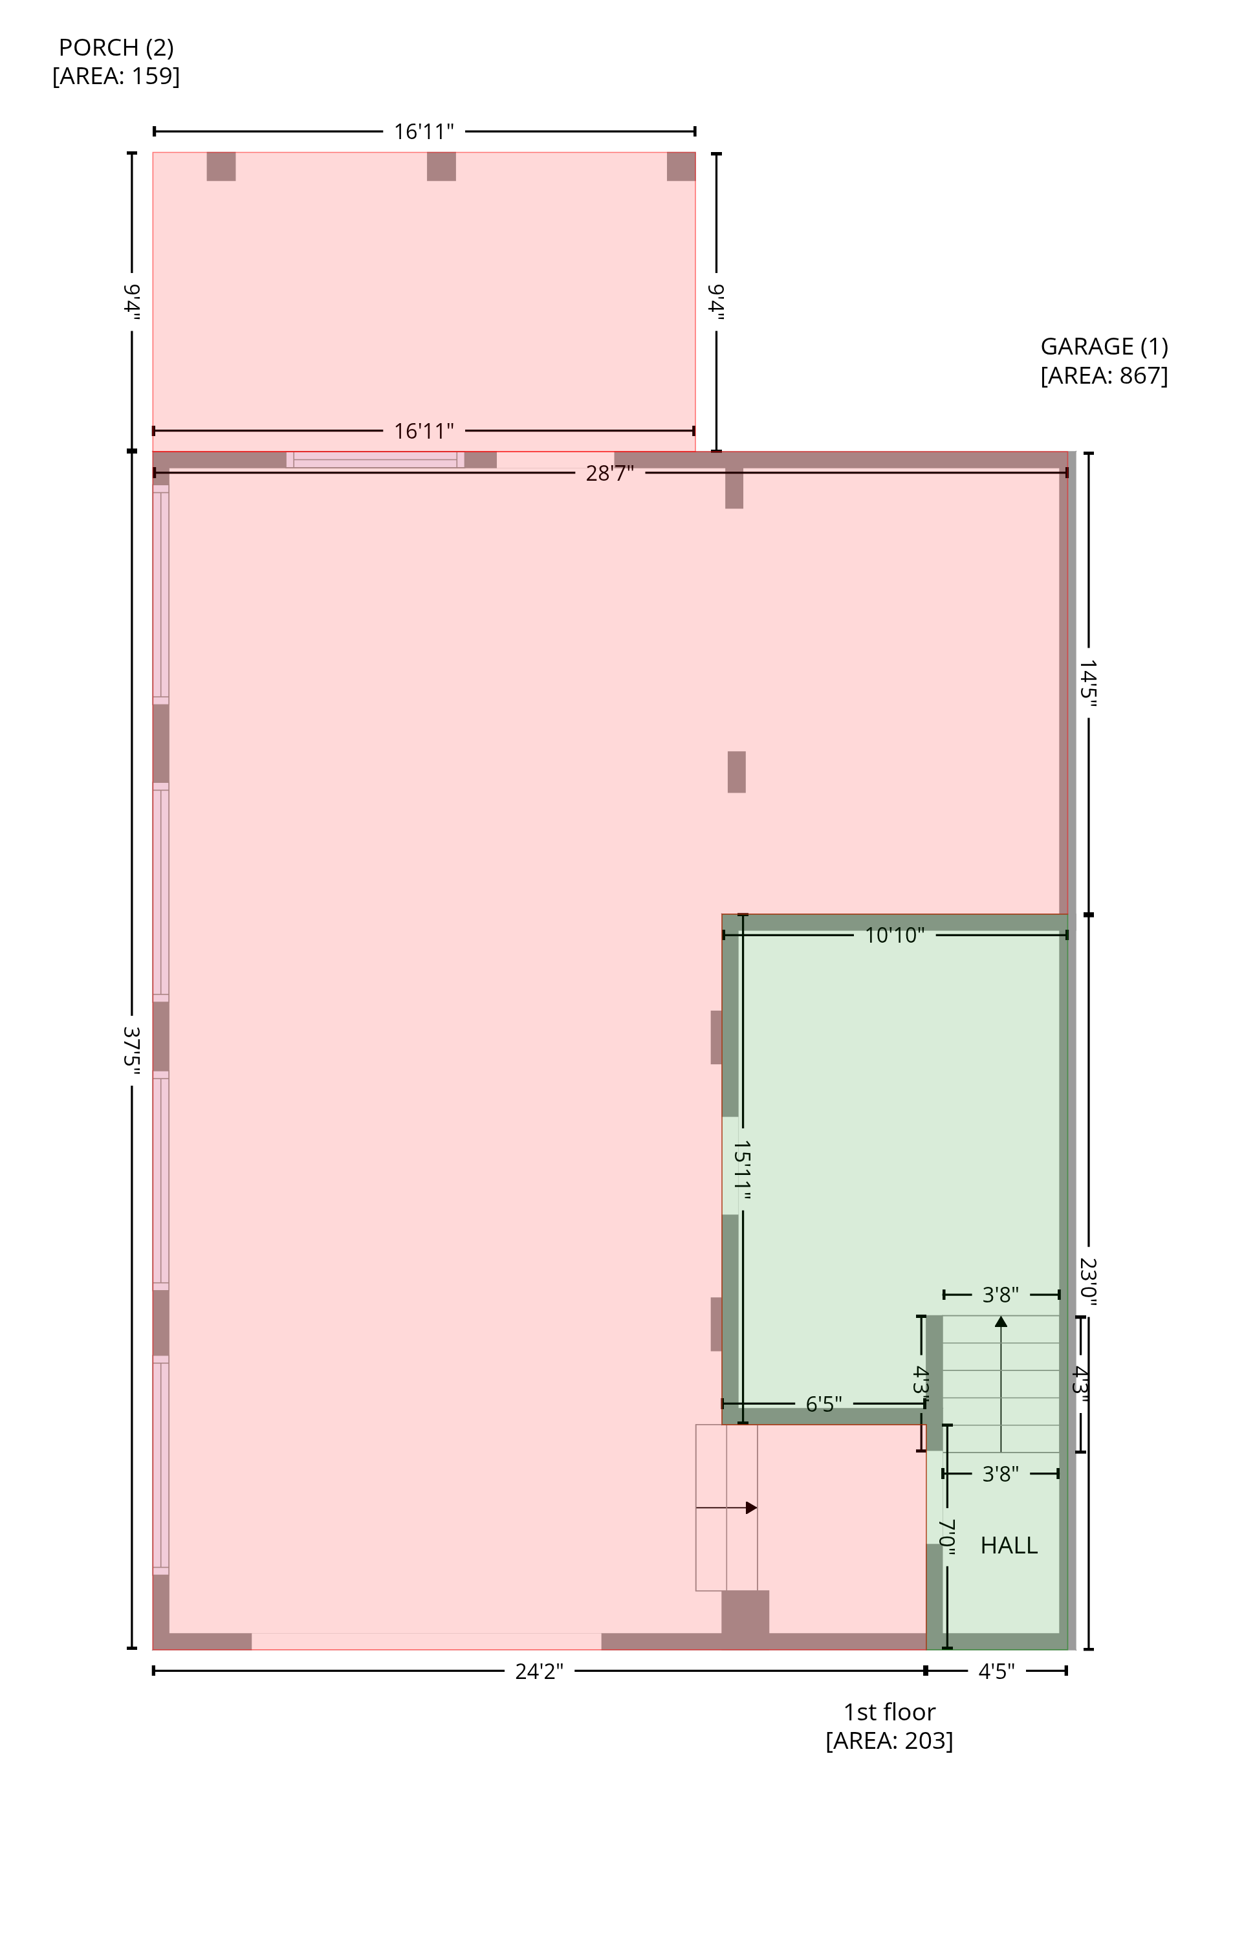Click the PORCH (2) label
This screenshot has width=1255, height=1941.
[116, 47]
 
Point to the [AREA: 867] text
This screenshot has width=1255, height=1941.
[1104, 376]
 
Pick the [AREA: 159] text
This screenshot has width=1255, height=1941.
[116, 76]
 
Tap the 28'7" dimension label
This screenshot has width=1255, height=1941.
[609, 474]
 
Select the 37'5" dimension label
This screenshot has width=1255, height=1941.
[131, 1051]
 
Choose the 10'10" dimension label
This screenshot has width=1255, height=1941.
[894, 935]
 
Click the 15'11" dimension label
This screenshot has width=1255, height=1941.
[741, 1170]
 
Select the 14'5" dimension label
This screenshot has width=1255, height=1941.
[1089, 684]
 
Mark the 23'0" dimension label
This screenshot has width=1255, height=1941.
[1089, 1282]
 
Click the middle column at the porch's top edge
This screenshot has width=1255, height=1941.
[441, 166]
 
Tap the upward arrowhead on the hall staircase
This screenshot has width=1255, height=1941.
[1001, 1321]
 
